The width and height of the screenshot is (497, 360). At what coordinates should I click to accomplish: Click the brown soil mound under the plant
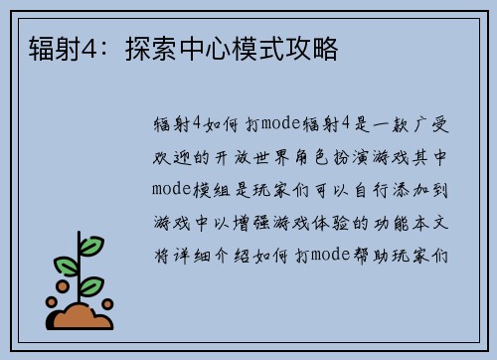tap(82, 317)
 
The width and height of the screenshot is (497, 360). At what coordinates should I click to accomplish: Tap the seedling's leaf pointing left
tap(66, 266)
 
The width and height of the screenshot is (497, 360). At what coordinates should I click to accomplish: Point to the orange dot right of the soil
tap(107, 303)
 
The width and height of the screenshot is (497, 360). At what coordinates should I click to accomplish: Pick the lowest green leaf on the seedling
tap(91, 286)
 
